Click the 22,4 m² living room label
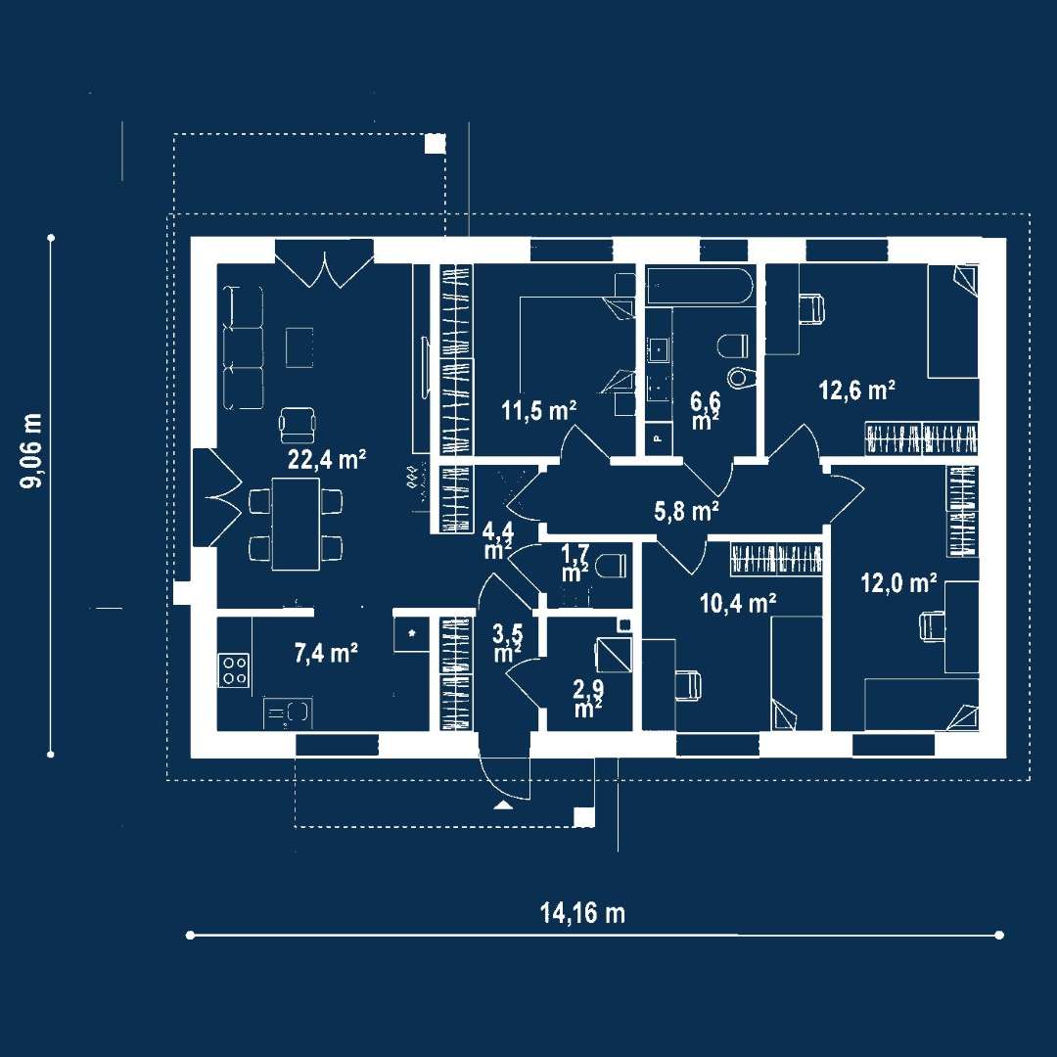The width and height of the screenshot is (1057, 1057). pyautogui.click(x=326, y=460)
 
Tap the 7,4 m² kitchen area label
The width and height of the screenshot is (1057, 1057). pyautogui.click(x=326, y=654)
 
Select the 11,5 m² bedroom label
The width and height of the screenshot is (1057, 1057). pyautogui.click(x=538, y=410)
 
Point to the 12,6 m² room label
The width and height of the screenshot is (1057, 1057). pyautogui.click(x=857, y=391)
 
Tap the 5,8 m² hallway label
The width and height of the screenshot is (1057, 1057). pyautogui.click(x=687, y=509)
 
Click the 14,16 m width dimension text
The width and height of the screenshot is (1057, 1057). pyautogui.click(x=582, y=913)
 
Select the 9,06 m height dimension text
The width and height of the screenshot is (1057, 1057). pyautogui.click(x=34, y=449)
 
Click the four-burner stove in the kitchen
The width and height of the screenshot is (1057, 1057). pyautogui.click(x=234, y=670)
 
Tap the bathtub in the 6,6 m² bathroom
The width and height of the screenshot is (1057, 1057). pyautogui.click(x=699, y=287)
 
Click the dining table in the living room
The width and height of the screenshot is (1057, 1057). pyautogui.click(x=296, y=523)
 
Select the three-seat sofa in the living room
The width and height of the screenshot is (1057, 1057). pyautogui.click(x=243, y=347)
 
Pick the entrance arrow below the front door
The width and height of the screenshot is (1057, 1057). pyautogui.click(x=502, y=804)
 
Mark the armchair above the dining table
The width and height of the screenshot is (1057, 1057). pyautogui.click(x=299, y=423)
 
